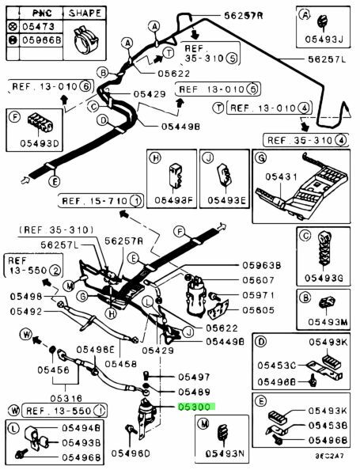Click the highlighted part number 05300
(x=197, y=407)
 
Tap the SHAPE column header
(x=85, y=13)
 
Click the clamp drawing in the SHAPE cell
(x=85, y=40)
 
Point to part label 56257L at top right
(x=327, y=59)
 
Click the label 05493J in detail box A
(x=324, y=40)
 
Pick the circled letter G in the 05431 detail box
(x=261, y=157)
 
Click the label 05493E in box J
(x=226, y=200)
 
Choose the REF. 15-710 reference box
(x=100, y=200)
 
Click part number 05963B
(x=262, y=265)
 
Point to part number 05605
(x=259, y=310)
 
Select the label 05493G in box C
(x=324, y=278)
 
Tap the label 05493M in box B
(x=328, y=322)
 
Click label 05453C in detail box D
(x=277, y=366)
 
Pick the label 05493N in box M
(x=225, y=454)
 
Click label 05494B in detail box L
(x=81, y=428)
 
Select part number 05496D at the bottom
(x=131, y=453)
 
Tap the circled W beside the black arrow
(x=26, y=334)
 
